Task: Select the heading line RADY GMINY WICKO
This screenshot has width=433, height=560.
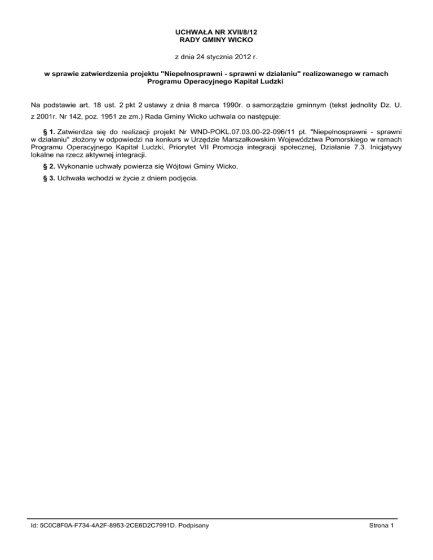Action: click(216, 41)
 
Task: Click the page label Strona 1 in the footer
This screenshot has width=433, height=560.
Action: click(381, 526)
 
